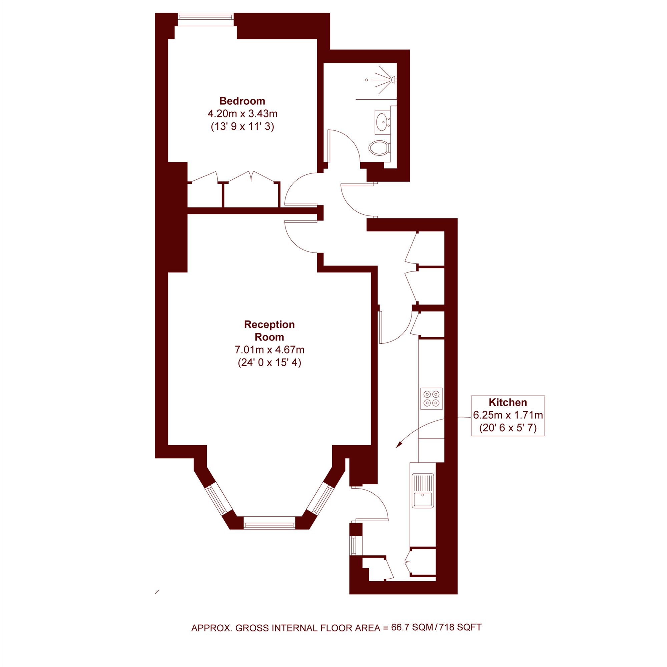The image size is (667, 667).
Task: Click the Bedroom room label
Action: pos(242,101)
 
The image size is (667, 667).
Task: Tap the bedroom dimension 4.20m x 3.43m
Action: pos(242,113)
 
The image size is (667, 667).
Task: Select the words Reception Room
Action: pos(269,330)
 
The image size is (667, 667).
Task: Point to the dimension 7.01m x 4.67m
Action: pos(269,350)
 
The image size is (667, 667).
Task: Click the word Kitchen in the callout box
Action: pos(508,402)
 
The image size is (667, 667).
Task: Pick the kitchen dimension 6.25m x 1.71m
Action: pos(508,415)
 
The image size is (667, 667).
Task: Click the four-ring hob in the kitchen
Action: pos(431,399)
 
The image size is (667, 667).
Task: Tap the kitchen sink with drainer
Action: pos(423,491)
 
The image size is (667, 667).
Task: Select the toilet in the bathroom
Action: pos(379,148)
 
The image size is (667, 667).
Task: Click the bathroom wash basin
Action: pos(382,121)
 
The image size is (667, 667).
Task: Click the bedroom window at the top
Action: pos(205,19)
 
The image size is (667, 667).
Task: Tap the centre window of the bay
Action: pos(269,523)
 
